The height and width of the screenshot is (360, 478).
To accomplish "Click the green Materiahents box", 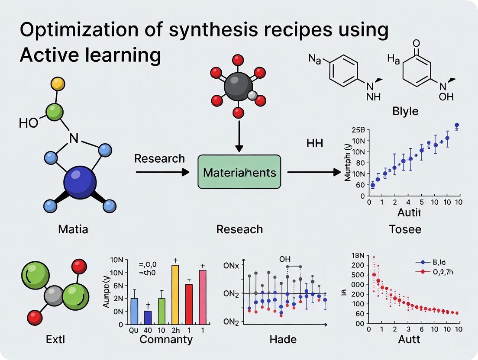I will tap(239, 173).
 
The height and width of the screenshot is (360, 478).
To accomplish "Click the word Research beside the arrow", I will tap(159, 159).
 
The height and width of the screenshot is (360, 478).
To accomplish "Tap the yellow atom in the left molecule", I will tap(58, 83).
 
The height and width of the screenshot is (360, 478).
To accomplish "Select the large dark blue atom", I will tap(80, 183).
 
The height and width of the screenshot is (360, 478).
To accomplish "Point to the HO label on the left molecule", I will tap(29, 123).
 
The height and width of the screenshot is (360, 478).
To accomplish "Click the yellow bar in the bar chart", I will tap(175, 294).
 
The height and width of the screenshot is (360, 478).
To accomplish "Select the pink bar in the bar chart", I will tap(202, 297).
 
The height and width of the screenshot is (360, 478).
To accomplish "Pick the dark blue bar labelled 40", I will tap(148, 317).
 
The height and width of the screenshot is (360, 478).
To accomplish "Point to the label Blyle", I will tap(405, 111).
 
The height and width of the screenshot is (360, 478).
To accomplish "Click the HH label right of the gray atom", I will tap(314, 143).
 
